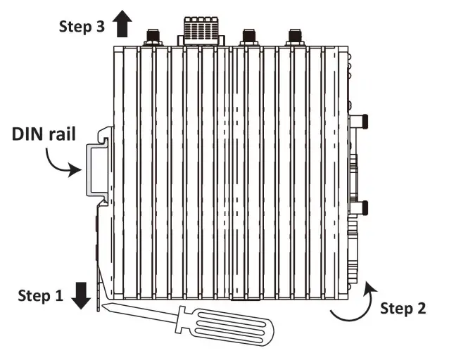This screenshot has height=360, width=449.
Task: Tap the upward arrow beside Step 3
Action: (x=122, y=25)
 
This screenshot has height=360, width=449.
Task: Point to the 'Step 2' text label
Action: (x=403, y=307)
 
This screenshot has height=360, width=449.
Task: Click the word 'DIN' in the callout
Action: (x=28, y=134)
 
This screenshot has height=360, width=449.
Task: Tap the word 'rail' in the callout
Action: (x=65, y=134)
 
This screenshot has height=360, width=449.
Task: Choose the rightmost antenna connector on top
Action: (x=293, y=36)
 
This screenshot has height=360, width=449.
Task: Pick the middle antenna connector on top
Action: (x=247, y=36)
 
